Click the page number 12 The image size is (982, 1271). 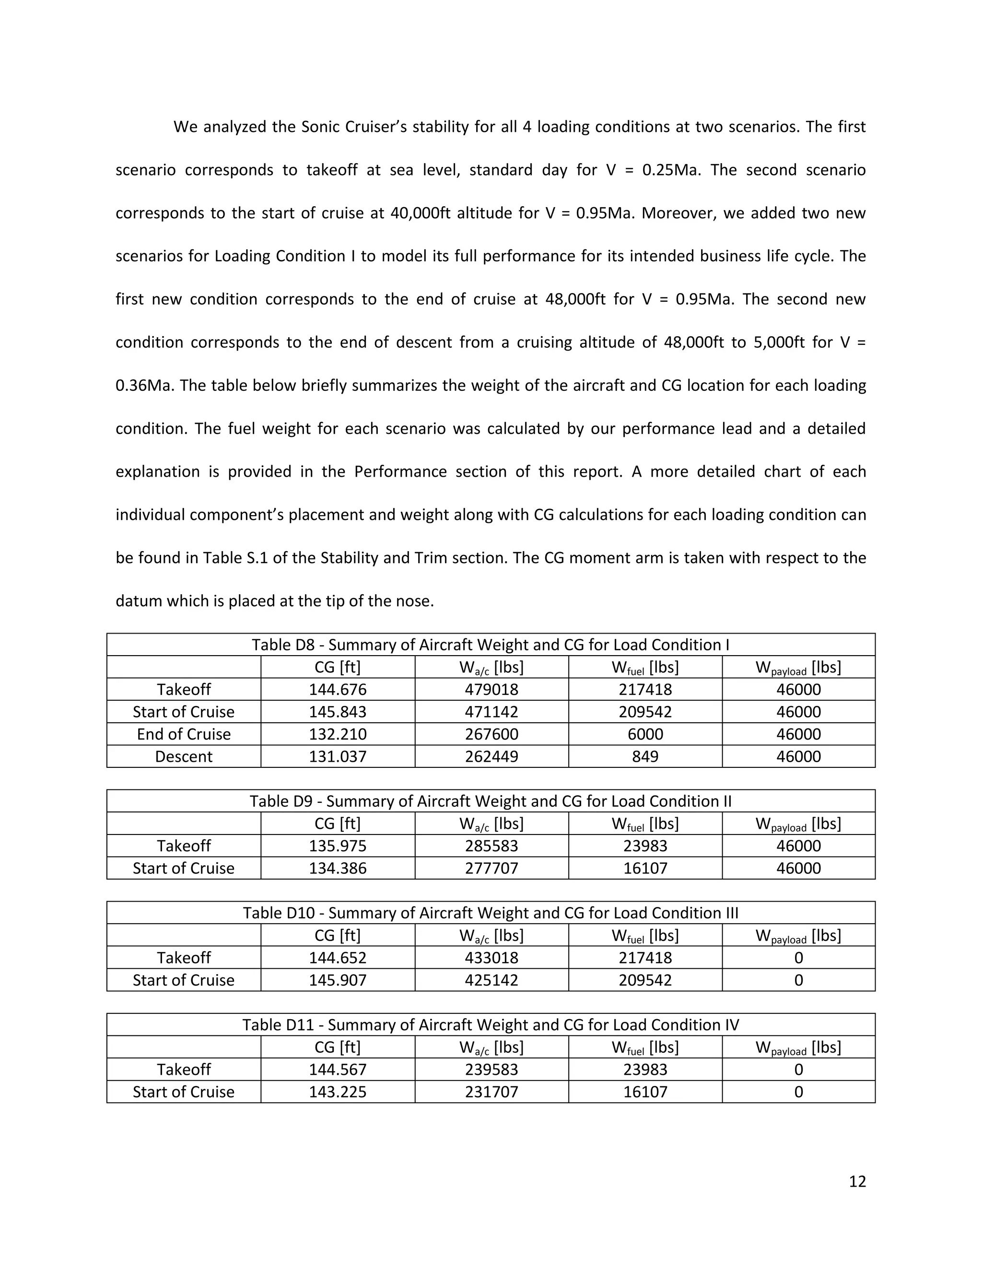pos(857,1181)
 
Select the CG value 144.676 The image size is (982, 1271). pos(338,690)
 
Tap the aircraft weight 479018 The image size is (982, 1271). pos(491,690)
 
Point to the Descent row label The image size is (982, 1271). pos(183,756)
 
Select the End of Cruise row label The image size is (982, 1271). pos(183,734)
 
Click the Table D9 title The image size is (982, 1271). pos(491,801)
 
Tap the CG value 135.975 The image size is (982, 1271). pos(338,846)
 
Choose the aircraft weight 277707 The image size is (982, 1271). pos(491,868)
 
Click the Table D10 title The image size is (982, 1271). pos(491,913)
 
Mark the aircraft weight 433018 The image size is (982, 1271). pos(491,958)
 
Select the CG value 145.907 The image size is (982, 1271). pos(338,980)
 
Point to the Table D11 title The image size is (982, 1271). pos(491,1025)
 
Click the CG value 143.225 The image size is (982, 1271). pos(338,1092)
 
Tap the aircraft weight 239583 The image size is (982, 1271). pos(491,1070)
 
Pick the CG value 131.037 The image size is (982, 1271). pos(338,756)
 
